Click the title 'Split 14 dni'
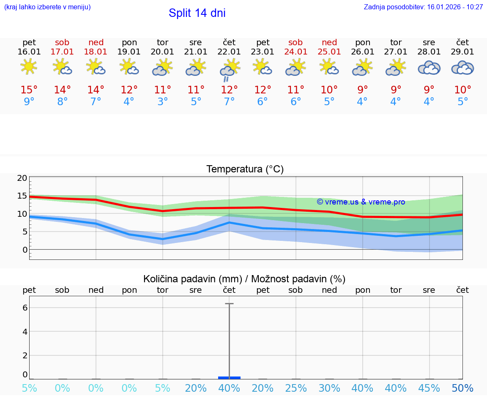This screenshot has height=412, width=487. click(x=197, y=13)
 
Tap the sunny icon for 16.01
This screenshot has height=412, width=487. click(x=29, y=67)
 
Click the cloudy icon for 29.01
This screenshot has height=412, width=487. click(x=462, y=68)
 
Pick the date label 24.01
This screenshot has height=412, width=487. click(x=295, y=52)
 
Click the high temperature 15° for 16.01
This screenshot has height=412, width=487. click(x=29, y=90)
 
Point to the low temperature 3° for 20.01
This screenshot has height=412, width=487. click(x=163, y=102)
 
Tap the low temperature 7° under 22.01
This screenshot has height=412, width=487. click(x=229, y=102)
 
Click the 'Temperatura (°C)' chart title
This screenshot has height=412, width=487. click(x=245, y=169)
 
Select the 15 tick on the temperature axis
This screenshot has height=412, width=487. click(x=22, y=196)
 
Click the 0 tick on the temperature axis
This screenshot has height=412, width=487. click(x=25, y=250)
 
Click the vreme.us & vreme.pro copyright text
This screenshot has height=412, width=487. click(x=361, y=202)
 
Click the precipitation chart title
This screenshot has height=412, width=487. click(x=244, y=279)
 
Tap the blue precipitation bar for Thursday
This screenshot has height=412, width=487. click(x=229, y=377)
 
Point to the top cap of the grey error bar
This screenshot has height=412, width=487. click(x=229, y=303)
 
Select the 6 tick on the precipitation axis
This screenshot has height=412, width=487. click(x=25, y=308)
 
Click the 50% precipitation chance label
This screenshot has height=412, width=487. click(x=462, y=388)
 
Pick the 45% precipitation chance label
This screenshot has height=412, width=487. click(x=429, y=388)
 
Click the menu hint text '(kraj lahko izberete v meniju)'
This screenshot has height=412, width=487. click(x=47, y=7)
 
